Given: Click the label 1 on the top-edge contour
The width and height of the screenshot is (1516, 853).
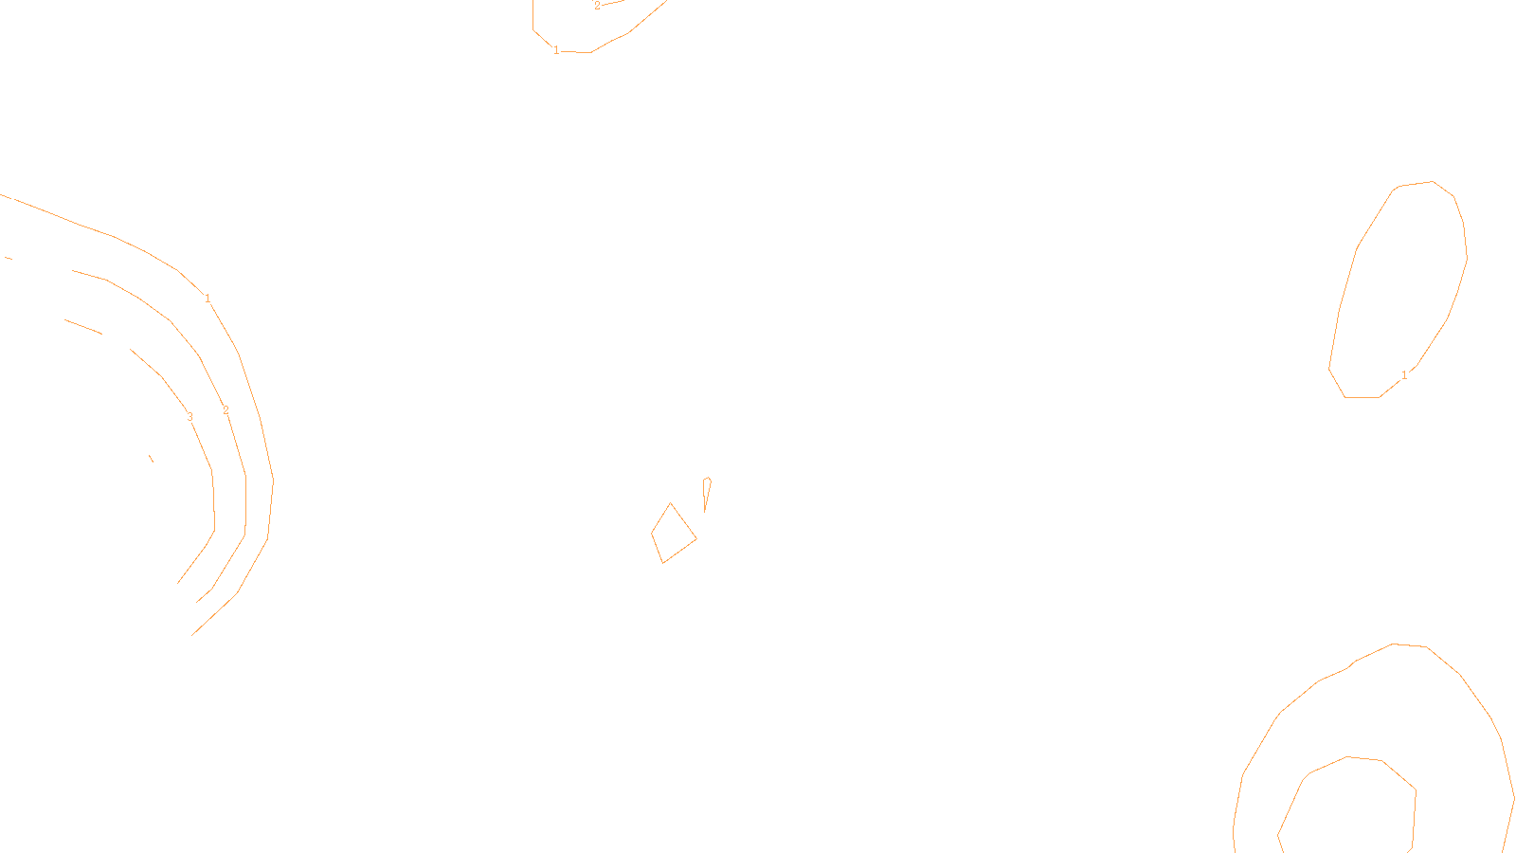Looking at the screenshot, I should pos(556,50).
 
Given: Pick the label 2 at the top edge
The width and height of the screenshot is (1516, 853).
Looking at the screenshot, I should pos(597,6).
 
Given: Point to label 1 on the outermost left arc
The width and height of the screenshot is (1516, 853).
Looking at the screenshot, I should pos(208,299).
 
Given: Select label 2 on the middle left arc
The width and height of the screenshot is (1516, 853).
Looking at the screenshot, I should pos(226,410).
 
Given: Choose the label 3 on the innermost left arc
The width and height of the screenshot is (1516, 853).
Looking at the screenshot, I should pos(189,417).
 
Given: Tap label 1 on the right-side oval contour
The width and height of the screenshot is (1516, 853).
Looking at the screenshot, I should pos(1404,375).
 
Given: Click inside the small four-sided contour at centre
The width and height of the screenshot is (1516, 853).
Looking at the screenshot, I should pos(673,535).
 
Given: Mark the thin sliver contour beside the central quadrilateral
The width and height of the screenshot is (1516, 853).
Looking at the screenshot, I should pos(707,491).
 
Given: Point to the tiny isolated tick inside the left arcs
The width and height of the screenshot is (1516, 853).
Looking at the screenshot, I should pos(151,459).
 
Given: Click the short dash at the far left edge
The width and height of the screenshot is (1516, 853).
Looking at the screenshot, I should pos(9,257).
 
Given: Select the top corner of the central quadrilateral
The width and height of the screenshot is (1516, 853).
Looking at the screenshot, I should pos(671,503).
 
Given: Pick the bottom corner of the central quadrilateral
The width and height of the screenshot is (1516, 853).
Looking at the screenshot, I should pos(662,563).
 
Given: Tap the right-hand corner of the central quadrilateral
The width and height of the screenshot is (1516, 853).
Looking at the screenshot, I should pos(696,539).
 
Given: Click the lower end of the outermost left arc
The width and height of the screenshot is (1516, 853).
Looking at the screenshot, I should pos(192,634).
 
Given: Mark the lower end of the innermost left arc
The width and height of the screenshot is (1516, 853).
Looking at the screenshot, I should pos(178,583).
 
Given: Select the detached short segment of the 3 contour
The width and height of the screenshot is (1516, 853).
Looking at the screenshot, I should pos(83,327).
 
